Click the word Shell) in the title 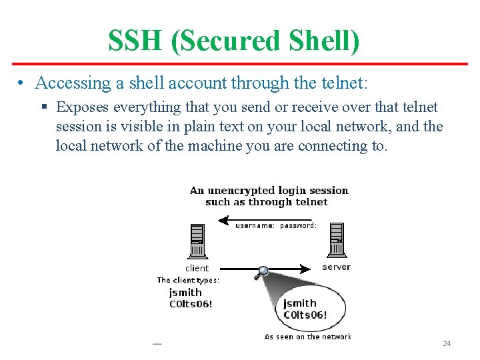tap(325, 41)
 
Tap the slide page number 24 tap(447, 343)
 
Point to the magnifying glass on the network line tap(263, 271)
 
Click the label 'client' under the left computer tap(197, 268)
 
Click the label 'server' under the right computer tap(336, 267)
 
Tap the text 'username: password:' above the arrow tap(275, 225)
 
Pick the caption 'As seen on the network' tap(307, 337)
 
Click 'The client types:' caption tap(188, 280)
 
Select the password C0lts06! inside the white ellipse tap(305, 315)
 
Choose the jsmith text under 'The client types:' tap(185, 292)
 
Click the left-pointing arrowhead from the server tap(224, 219)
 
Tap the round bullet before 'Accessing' tap(22, 83)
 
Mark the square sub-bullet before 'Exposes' tap(45, 107)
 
